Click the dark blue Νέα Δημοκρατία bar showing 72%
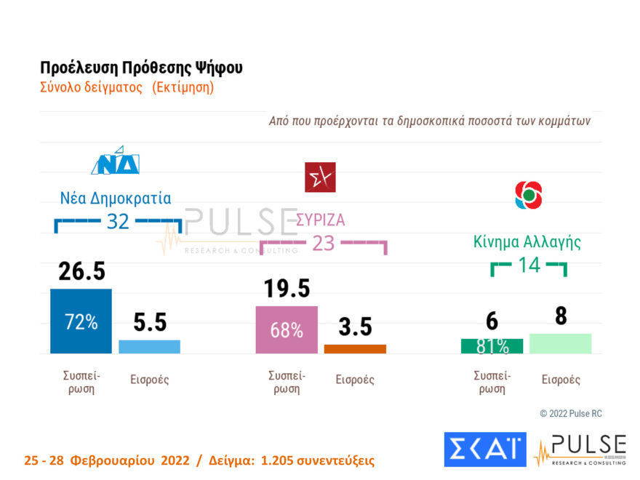tap(81, 321)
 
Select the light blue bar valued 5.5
tap(149, 347)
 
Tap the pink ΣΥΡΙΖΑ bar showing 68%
tap(287, 329)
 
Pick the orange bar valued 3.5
tap(355, 349)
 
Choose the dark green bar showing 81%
tap(492, 346)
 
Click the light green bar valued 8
tap(560, 343)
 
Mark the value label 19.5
tap(286, 289)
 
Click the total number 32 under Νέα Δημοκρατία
tap(118, 221)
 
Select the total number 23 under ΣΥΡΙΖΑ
tap(322, 243)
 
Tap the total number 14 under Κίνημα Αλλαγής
tap(529, 265)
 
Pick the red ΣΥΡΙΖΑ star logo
tap(320, 177)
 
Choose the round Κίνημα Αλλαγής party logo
tap(528, 195)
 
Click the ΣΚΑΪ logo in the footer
tap(484, 449)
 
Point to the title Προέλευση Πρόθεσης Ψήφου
tap(141, 68)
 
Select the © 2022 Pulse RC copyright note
tap(571, 414)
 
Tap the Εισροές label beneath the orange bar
tap(354, 380)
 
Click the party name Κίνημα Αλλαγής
tap(527, 241)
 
